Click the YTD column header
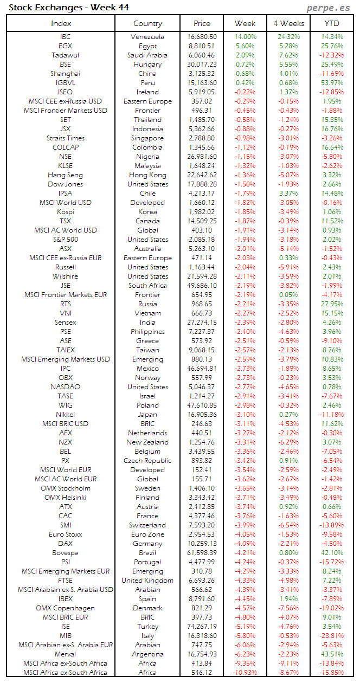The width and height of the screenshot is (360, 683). click(x=332, y=23)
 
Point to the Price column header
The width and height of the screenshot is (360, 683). click(x=202, y=23)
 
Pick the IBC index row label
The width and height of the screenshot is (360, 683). click(x=65, y=37)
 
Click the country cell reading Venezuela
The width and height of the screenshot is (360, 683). click(x=147, y=37)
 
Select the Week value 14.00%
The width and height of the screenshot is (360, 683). click(x=245, y=37)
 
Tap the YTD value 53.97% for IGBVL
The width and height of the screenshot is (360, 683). click(x=332, y=83)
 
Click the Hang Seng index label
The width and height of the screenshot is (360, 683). click(x=65, y=175)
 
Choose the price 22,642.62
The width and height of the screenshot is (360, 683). click(x=202, y=175)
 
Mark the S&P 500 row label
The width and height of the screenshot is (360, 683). click(x=65, y=240)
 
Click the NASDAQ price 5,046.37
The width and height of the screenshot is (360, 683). click(x=202, y=387)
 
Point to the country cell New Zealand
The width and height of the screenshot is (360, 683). click(x=147, y=442)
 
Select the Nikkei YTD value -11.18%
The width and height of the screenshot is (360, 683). click(x=332, y=415)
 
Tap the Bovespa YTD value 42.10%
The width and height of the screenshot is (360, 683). click(x=332, y=553)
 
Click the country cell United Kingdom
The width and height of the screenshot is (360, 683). click(x=147, y=581)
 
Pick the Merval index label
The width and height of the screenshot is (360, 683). click(x=65, y=654)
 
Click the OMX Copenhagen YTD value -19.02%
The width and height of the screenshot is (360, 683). click(x=332, y=608)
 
